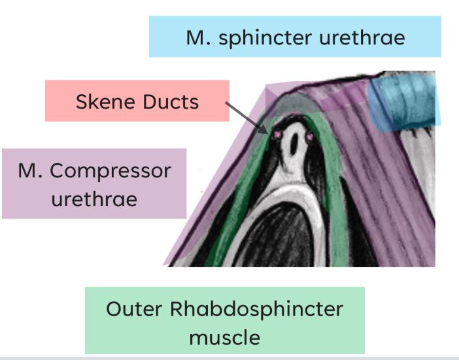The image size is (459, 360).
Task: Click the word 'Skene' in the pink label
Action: pos(105,101)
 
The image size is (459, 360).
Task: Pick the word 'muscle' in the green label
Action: pos(225,338)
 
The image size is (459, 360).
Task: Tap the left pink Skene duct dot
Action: pos(277,135)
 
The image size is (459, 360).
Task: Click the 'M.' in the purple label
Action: pos(30,171)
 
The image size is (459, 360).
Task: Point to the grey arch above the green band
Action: pos(297,102)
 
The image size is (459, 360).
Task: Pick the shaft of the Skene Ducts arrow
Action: pos(245,116)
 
